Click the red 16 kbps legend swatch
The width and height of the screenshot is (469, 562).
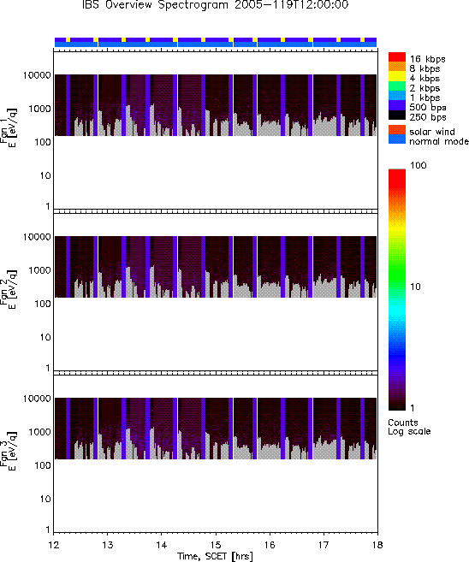point(397,57)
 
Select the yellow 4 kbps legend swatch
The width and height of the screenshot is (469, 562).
point(397,76)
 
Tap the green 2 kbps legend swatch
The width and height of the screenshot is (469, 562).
point(397,86)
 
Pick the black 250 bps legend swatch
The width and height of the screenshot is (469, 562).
point(397,115)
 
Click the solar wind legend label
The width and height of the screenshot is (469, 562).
point(432,132)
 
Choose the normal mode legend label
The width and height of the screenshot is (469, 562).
point(439,141)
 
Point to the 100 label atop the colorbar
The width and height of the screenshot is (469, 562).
point(419,165)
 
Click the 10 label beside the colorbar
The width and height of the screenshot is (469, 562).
point(415,287)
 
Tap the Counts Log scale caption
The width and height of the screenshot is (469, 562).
point(409,427)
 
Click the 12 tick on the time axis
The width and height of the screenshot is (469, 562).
point(53,545)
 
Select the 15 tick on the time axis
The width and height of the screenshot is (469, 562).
point(216,545)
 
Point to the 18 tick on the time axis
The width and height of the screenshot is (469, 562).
point(377,545)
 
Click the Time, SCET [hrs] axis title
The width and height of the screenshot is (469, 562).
point(215,556)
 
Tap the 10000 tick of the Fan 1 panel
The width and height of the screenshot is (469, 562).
point(37,75)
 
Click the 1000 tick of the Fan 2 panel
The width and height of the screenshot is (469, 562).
point(40,270)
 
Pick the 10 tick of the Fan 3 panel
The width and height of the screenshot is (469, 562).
point(45,499)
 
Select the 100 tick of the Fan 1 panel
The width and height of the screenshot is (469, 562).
point(42,142)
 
